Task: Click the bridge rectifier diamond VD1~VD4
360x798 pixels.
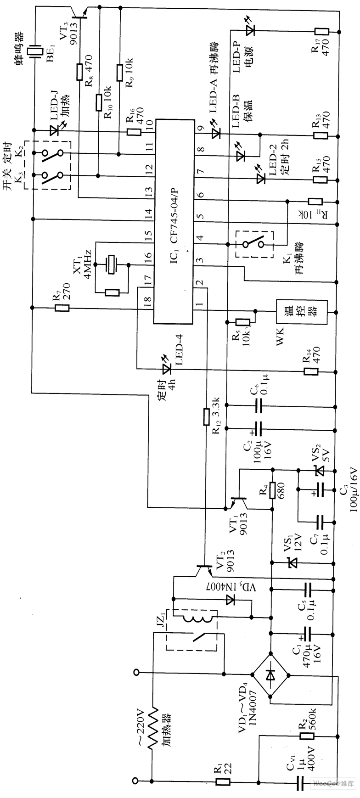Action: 271,674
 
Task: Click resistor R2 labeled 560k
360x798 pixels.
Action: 307,736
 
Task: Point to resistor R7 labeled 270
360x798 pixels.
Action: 62,308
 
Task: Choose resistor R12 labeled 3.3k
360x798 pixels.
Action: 206,416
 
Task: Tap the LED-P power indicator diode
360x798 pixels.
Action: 250,31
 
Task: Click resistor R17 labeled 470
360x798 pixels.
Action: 321,31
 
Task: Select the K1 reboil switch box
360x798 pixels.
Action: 253,243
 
